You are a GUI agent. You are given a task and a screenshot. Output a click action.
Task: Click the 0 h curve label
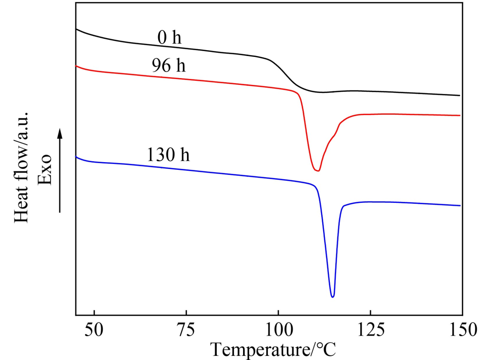coord(169,38)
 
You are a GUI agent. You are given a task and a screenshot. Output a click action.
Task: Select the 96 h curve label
coord(169,66)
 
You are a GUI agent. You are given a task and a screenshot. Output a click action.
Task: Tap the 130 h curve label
coord(168,155)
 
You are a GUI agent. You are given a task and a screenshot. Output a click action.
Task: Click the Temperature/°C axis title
coord(275,349)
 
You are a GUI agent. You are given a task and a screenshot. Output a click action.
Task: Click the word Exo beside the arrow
coord(45,169)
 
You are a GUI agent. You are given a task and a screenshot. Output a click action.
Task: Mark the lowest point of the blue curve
coord(333,297)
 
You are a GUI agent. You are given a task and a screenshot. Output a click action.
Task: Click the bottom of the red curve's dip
coord(318,171)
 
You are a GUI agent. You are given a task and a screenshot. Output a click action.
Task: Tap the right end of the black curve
coord(460,95)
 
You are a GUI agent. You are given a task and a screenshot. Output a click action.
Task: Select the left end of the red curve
coord(76,66)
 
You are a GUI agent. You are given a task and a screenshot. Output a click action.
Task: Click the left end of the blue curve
coord(76,157)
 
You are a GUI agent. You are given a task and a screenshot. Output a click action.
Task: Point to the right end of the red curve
coord(460,115)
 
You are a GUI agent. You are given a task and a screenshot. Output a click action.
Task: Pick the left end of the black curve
coord(76,29)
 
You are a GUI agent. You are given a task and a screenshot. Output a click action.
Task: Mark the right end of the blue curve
coord(460,206)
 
